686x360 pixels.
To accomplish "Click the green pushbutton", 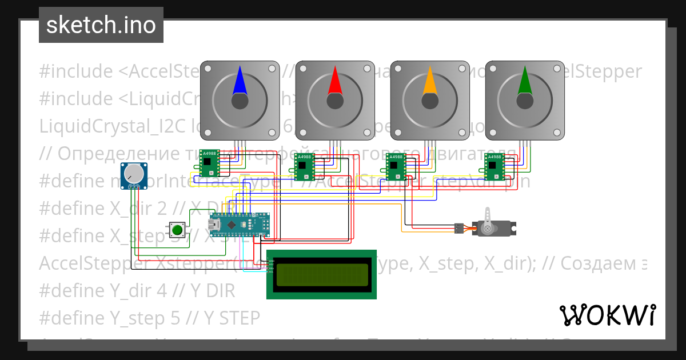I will [x=177, y=230].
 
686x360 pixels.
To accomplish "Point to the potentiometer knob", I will [x=132, y=173].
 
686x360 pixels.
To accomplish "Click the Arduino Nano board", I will [x=239, y=225].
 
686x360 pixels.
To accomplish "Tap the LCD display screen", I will [x=322, y=275].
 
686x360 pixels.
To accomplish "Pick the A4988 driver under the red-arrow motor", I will [x=304, y=166].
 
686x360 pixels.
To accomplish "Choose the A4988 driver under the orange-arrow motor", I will [x=396, y=166].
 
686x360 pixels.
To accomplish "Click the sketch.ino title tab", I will [x=101, y=25].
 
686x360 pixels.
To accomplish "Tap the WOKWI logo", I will [x=607, y=315].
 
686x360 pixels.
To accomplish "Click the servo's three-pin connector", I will [x=458, y=228].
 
